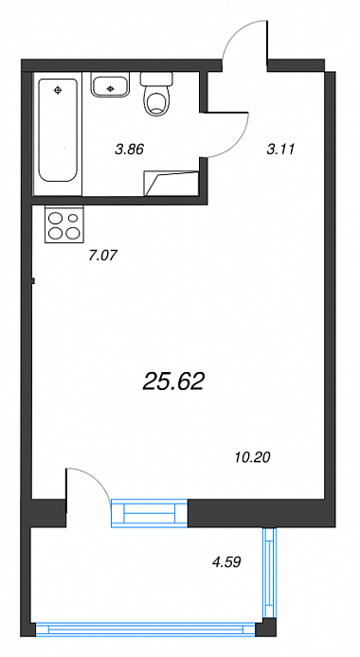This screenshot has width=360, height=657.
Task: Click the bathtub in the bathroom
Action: (x=58, y=131)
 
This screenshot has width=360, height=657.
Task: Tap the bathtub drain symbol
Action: (x=58, y=89)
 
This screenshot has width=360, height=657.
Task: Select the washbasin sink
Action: (x=110, y=87)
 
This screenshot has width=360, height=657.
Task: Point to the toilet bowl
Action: (x=157, y=102)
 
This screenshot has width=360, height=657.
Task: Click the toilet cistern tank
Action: (x=156, y=79)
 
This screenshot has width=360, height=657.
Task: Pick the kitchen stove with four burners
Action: (x=64, y=224)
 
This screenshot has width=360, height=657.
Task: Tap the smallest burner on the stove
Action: (x=73, y=218)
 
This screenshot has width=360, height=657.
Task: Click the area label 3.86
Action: (x=130, y=149)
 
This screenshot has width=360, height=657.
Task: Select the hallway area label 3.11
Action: (x=280, y=149)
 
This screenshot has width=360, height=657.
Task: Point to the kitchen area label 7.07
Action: (x=101, y=256)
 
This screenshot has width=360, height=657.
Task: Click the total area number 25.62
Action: (x=173, y=382)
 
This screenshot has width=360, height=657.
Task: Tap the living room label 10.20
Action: (x=252, y=457)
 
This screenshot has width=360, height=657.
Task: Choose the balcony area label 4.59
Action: (x=227, y=562)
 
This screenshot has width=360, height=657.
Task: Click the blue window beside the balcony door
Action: (x=149, y=513)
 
